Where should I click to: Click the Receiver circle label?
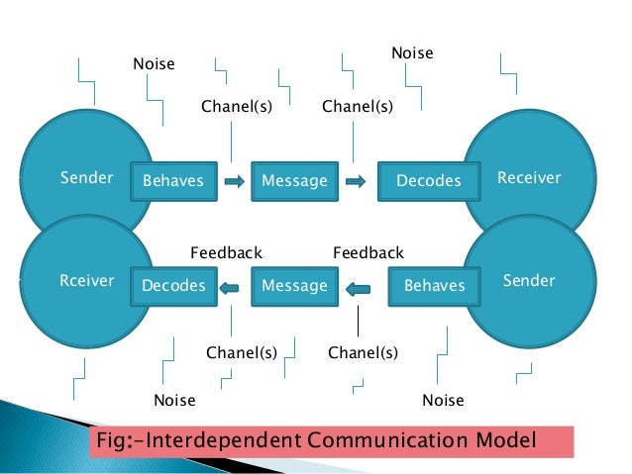coord(529,178)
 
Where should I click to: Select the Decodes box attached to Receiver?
coord(429,181)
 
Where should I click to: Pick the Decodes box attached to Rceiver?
coord(173,286)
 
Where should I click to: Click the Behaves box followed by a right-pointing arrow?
coord(173,181)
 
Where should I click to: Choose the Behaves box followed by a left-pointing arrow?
coord(434,286)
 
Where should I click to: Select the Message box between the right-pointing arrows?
coord(294,181)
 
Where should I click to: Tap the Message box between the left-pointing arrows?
coord(294,286)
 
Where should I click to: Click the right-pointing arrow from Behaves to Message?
coord(234,181)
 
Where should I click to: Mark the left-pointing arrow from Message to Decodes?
coord(229,287)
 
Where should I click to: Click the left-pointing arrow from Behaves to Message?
coord(358,288)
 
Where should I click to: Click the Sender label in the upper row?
coord(87,179)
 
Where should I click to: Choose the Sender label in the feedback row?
coord(530,281)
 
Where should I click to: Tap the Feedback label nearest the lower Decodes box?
coord(226,253)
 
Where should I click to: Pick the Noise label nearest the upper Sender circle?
coord(154,64)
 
